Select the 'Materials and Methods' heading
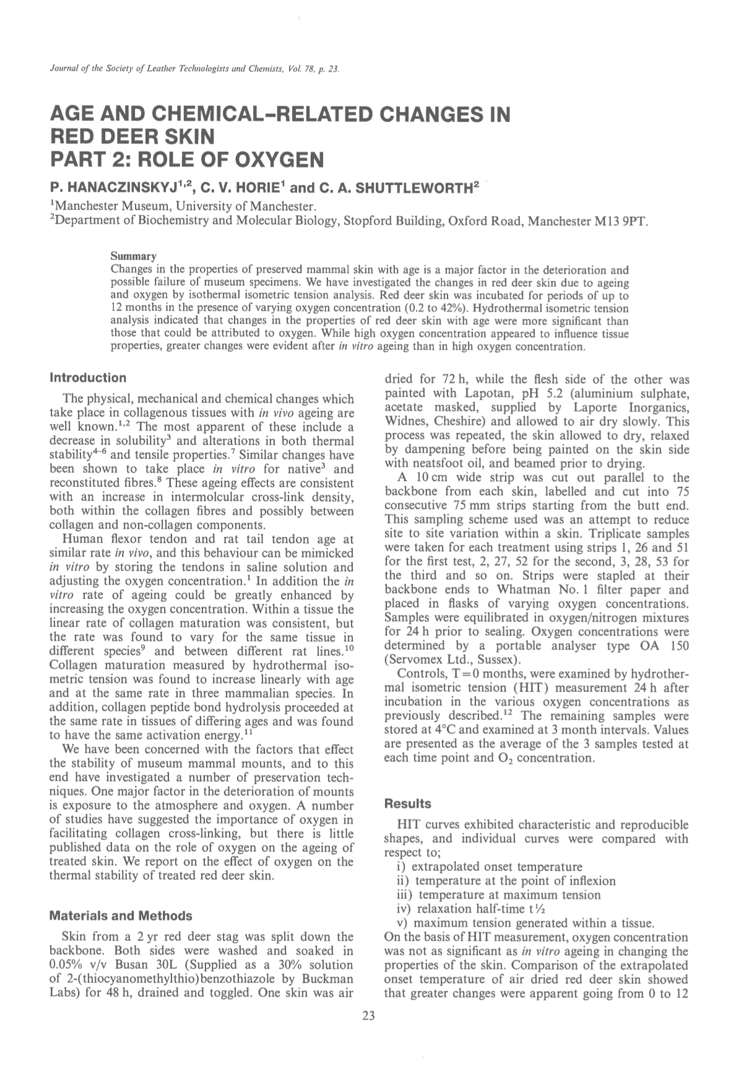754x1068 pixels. click(120, 916)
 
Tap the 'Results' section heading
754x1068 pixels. click(407, 804)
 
